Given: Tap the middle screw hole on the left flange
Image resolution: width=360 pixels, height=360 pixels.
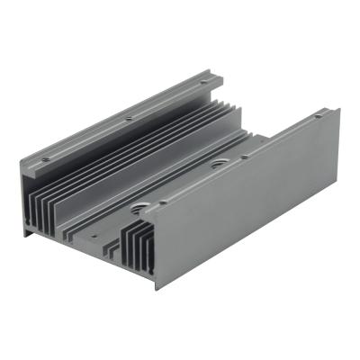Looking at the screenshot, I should (129, 118).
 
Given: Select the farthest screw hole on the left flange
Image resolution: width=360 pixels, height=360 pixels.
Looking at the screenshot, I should (204, 83).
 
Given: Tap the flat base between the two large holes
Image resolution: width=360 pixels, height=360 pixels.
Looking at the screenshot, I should (180, 186).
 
